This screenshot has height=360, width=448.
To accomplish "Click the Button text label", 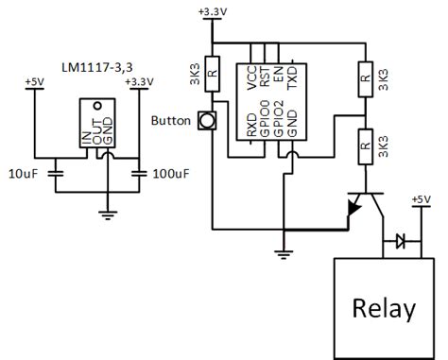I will click(171, 121).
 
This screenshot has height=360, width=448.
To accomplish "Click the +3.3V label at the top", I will click(214, 11).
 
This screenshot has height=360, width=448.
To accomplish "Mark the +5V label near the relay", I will click(420, 199).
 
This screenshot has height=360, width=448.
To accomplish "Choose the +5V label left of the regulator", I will click(35, 82).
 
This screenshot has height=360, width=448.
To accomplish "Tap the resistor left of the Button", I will click(214, 74).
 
